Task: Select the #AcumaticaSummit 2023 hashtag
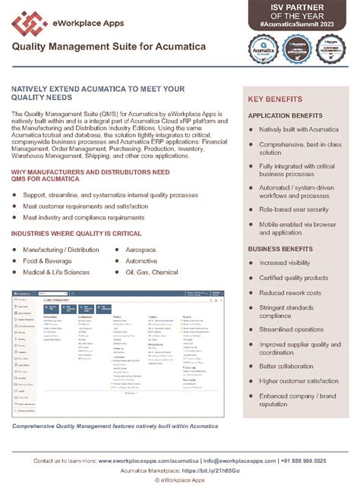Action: coord(302,25)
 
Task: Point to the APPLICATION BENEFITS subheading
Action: coord(286,115)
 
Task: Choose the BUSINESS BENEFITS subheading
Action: coord(280,248)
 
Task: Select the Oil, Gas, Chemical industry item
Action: coord(152,272)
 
